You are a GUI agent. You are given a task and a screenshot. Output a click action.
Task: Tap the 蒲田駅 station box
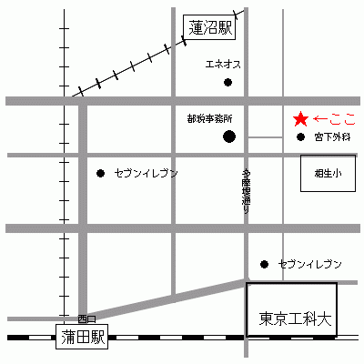(x=80, y=336)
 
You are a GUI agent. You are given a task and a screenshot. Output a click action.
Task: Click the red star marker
(x=300, y=118)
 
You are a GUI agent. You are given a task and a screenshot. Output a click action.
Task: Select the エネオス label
(x=223, y=65)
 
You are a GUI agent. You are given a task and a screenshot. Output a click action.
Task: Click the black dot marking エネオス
(x=228, y=83)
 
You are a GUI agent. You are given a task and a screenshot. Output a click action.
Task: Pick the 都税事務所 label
(x=209, y=118)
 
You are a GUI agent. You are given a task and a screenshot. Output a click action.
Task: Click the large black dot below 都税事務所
(x=229, y=137)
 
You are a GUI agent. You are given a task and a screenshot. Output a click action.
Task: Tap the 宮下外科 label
(x=331, y=137)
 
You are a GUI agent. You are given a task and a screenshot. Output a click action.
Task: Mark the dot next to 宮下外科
(x=301, y=137)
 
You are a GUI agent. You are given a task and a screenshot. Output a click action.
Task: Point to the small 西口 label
(x=86, y=318)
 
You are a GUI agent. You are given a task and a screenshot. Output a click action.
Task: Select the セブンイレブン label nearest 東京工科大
(x=309, y=264)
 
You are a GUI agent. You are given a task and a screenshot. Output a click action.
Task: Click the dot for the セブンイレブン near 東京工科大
(x=265, y=265)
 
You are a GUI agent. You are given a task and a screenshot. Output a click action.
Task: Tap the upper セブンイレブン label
(x=146, y=173)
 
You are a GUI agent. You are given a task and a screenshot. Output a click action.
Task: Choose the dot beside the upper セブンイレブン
(x=101, y=173)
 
